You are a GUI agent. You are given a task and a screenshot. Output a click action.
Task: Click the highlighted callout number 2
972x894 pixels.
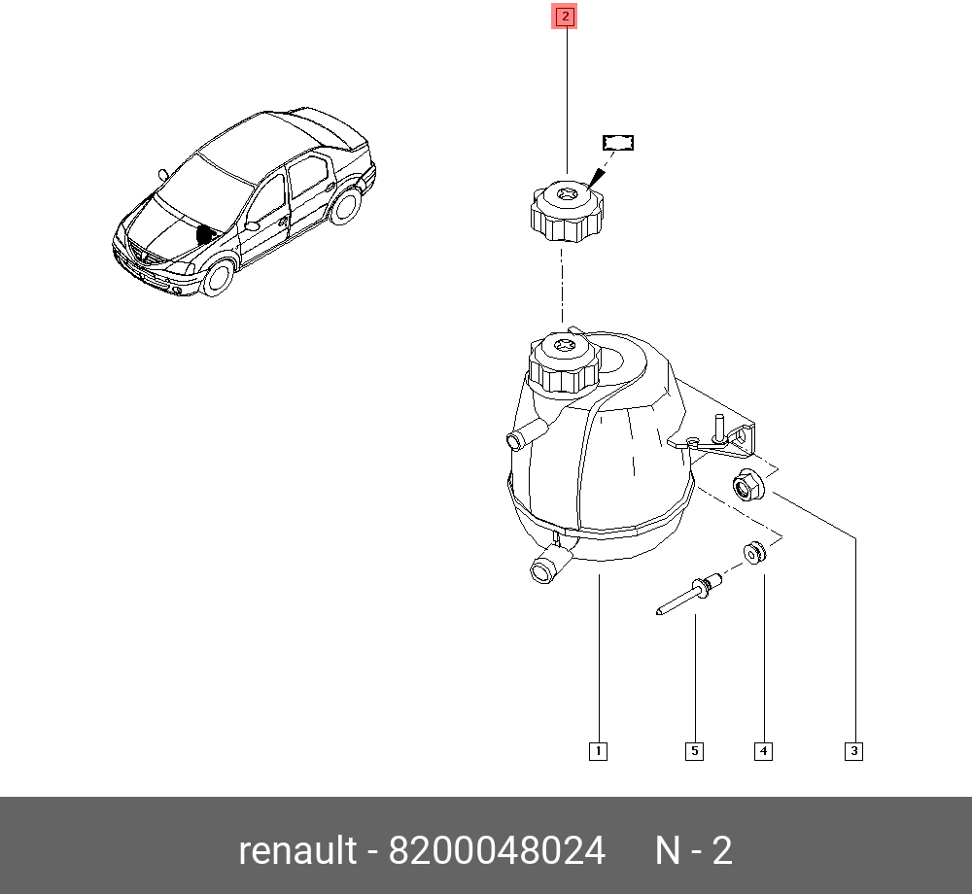[x=565, y=17]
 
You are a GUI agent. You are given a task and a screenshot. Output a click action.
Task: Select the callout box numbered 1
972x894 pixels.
[x=598, y=750]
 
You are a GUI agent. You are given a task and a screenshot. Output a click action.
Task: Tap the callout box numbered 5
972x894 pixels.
[x=695, y=750]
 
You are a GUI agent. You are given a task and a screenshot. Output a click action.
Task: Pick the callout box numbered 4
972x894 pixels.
[x=763, y=750]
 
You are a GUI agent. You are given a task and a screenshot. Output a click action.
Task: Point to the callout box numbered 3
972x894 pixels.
[x=852, y=750]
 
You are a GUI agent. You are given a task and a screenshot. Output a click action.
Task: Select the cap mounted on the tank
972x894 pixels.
[x=563, y=363]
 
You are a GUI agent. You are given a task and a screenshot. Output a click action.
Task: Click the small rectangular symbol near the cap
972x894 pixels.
[x=618, y=143]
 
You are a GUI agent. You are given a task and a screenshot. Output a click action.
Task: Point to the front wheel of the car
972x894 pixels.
[x=220, y=277]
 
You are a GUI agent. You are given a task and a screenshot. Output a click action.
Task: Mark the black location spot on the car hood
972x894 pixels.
[x=205, y=234]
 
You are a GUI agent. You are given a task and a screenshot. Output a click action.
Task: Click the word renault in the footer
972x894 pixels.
[x=297, y=850]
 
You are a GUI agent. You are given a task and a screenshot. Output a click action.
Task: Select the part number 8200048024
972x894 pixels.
[x=497, y=850]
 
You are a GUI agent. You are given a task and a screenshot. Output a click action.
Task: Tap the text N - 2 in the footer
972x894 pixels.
[x=693, y=850]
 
